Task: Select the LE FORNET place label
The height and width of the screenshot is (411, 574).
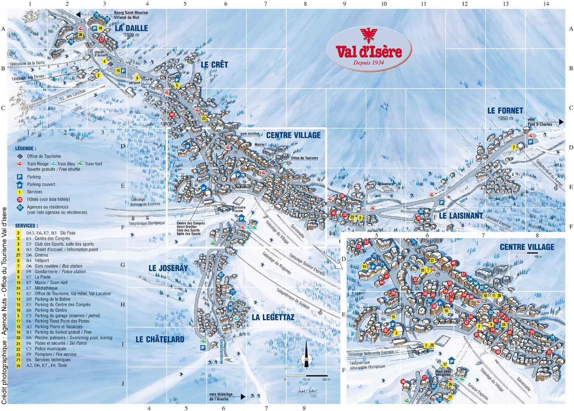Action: coord(505,111)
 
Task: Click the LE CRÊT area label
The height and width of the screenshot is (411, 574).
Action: coord(214,65)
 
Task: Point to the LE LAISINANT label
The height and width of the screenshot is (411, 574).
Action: coord(461,216)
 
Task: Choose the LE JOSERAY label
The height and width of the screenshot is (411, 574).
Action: coord(168,268)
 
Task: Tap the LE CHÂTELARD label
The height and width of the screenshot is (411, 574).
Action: coord(160,339)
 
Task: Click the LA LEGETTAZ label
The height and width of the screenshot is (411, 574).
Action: coord(273,317)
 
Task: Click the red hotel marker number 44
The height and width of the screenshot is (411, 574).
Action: coord(172,115)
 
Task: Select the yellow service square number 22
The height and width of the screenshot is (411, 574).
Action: coord(204,119)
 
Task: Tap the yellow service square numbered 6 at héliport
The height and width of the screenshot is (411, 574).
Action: coord(137,77)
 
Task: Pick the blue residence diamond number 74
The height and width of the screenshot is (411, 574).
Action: coord(71,42)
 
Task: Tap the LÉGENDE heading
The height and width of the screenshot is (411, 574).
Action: coord(25,148)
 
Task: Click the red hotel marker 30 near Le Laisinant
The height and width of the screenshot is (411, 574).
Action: coord(418,218)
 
